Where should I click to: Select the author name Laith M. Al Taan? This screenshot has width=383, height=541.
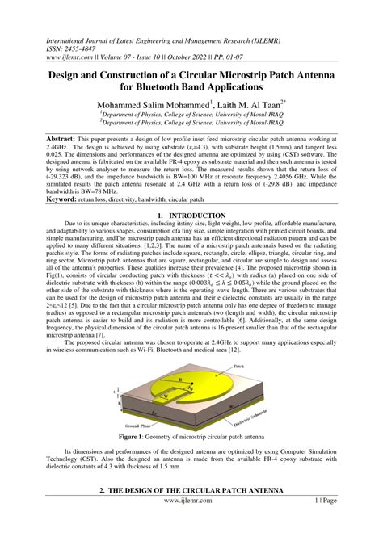(249, 105)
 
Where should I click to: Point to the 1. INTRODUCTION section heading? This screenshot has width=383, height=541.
(191, 216)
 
